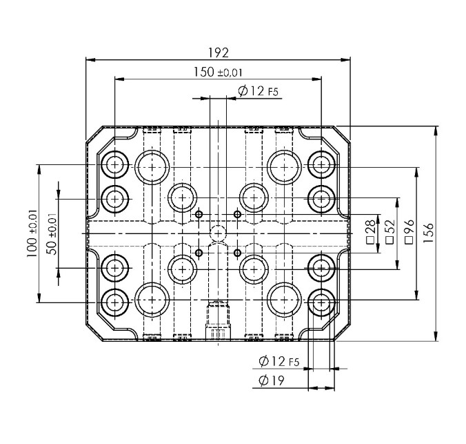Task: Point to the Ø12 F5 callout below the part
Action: coord(278,361)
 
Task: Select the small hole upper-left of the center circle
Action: coord(199,214)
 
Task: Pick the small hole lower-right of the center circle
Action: coord(238,253)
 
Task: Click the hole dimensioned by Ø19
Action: coord(321,301)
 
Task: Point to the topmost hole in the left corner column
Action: coord(114,164)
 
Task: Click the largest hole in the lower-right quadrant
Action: coord(284,300)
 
